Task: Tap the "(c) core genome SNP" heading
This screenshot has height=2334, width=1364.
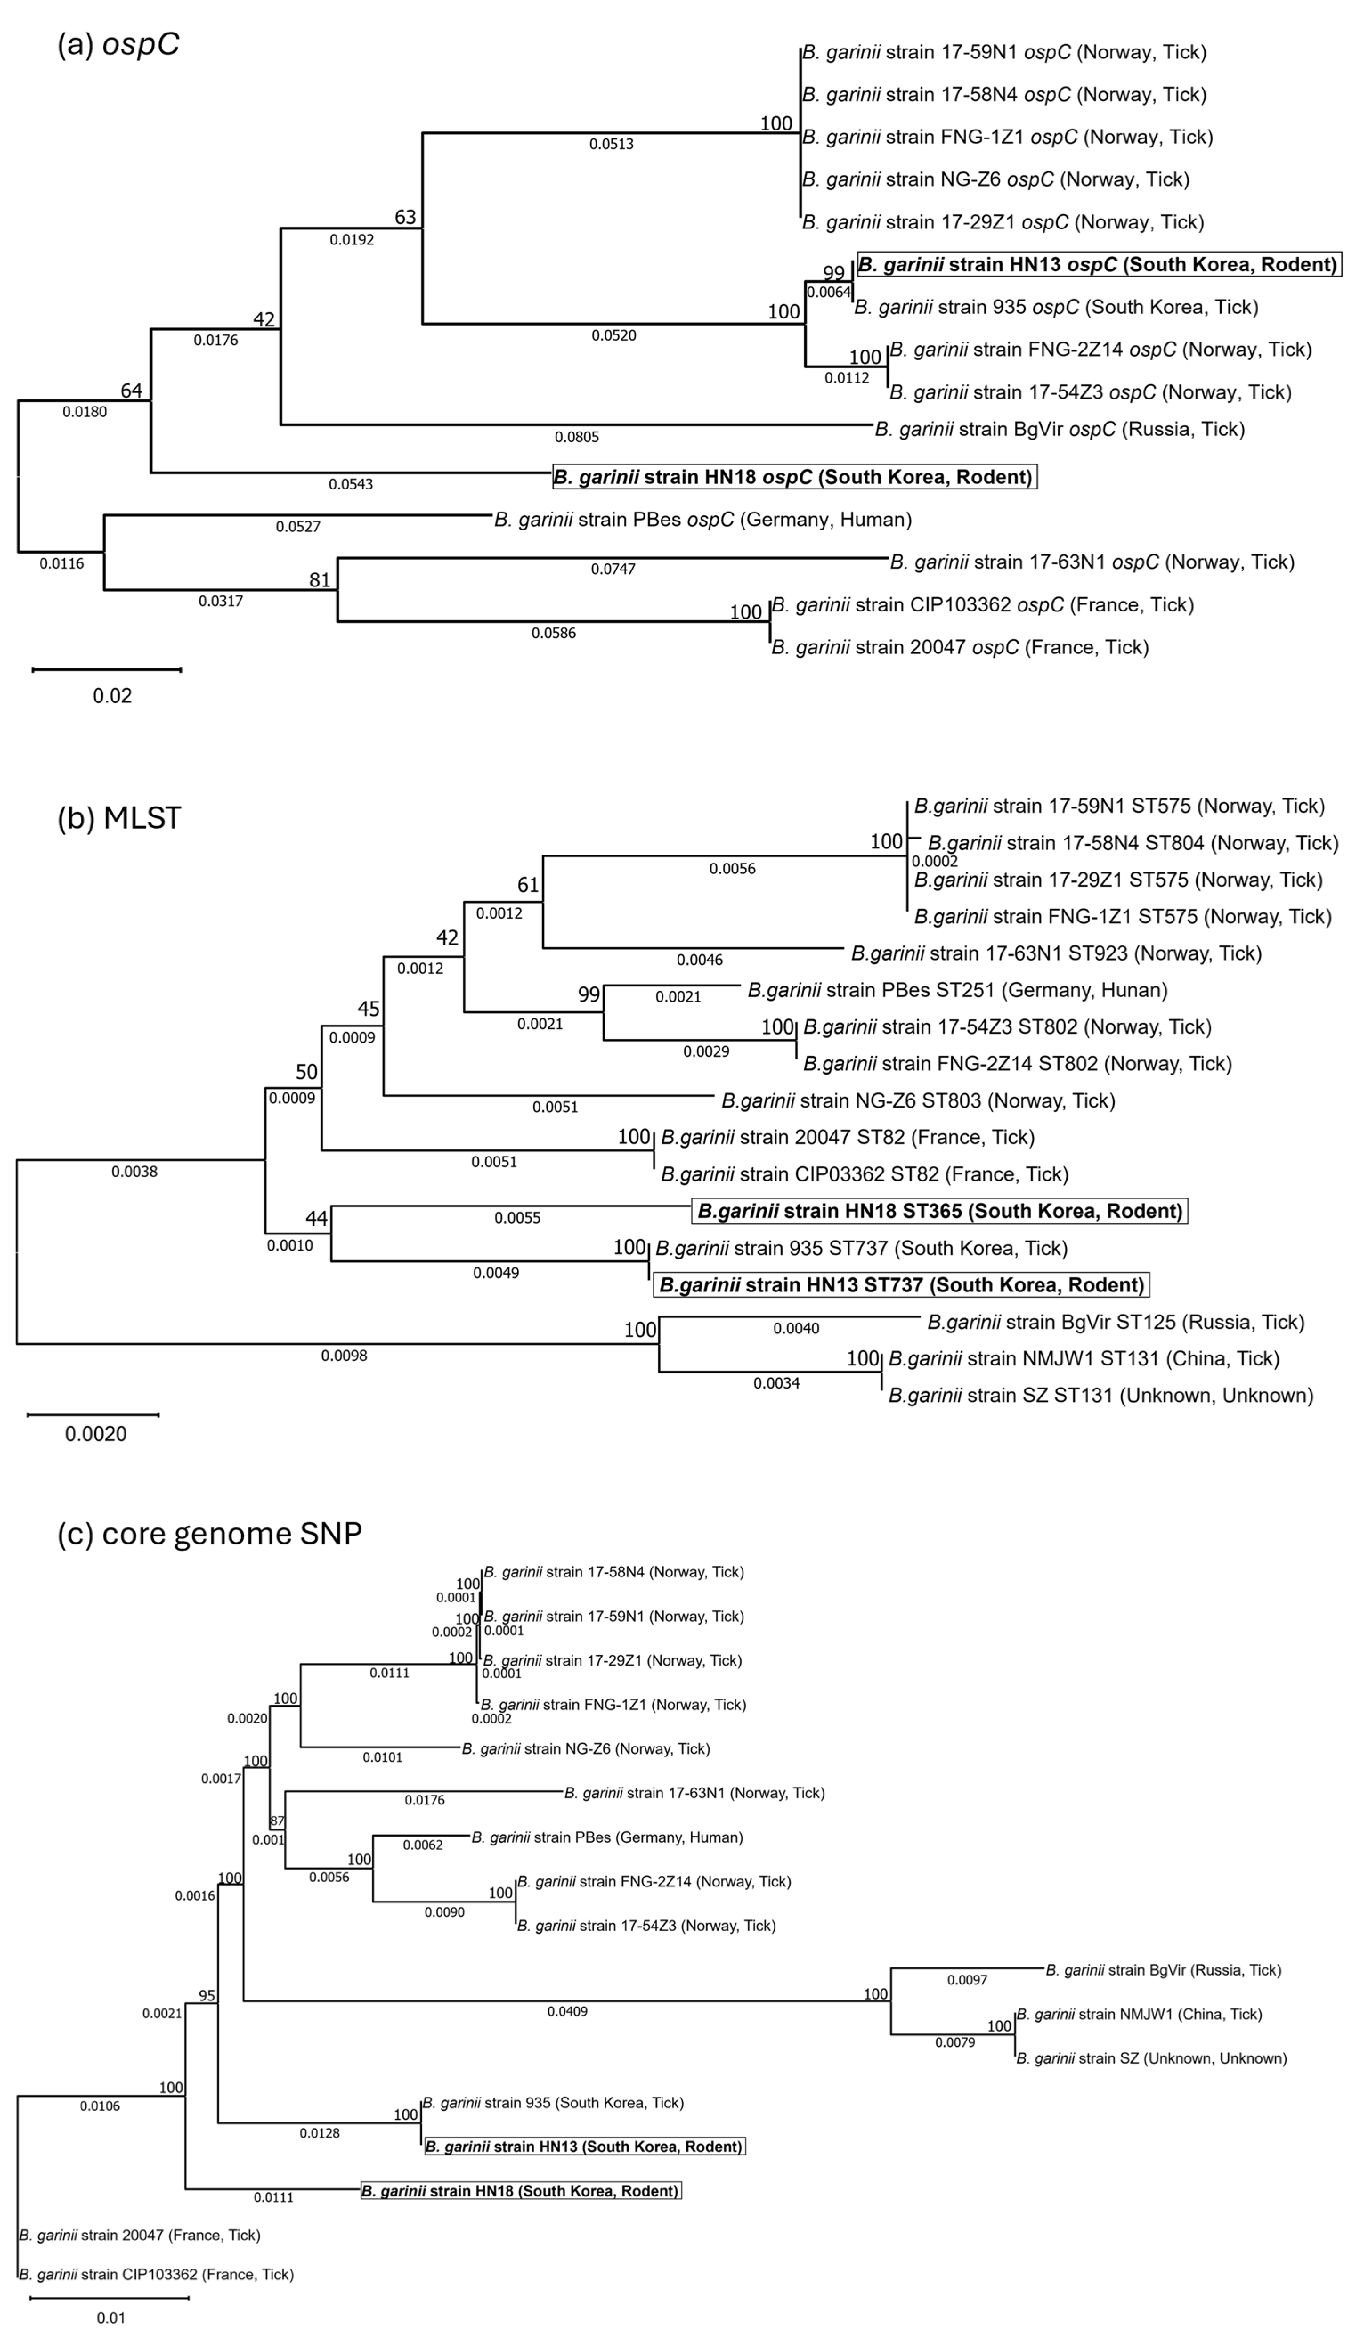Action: (x=209, y=1533)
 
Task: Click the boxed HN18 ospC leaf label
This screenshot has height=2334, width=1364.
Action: (x=794, y=477)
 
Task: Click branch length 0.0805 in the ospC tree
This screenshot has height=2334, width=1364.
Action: (x=577, y=437)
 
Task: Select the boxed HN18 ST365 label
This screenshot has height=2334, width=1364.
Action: (x=940, y=1210)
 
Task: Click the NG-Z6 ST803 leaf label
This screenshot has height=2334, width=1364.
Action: (x=917, y=1100)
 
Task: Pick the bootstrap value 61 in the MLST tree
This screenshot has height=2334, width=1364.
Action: (x=528, y=885)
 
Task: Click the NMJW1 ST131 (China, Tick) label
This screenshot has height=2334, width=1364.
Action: (x=1084, y=1359)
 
